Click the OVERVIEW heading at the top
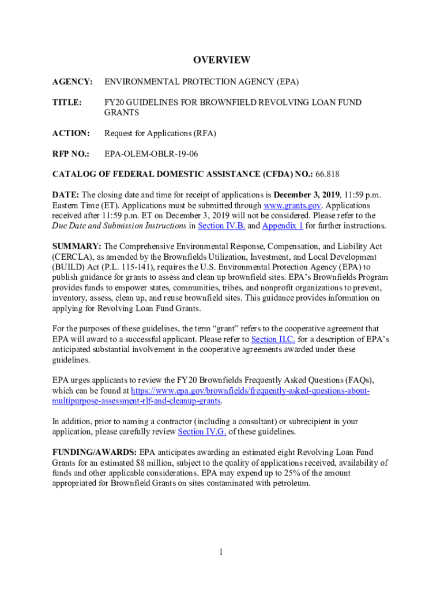pos(221,60)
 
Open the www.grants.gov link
pos(289,205)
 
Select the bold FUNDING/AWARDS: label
pos(95,452)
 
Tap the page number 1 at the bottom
pos(221,552)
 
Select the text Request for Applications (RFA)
pos(160,133)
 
